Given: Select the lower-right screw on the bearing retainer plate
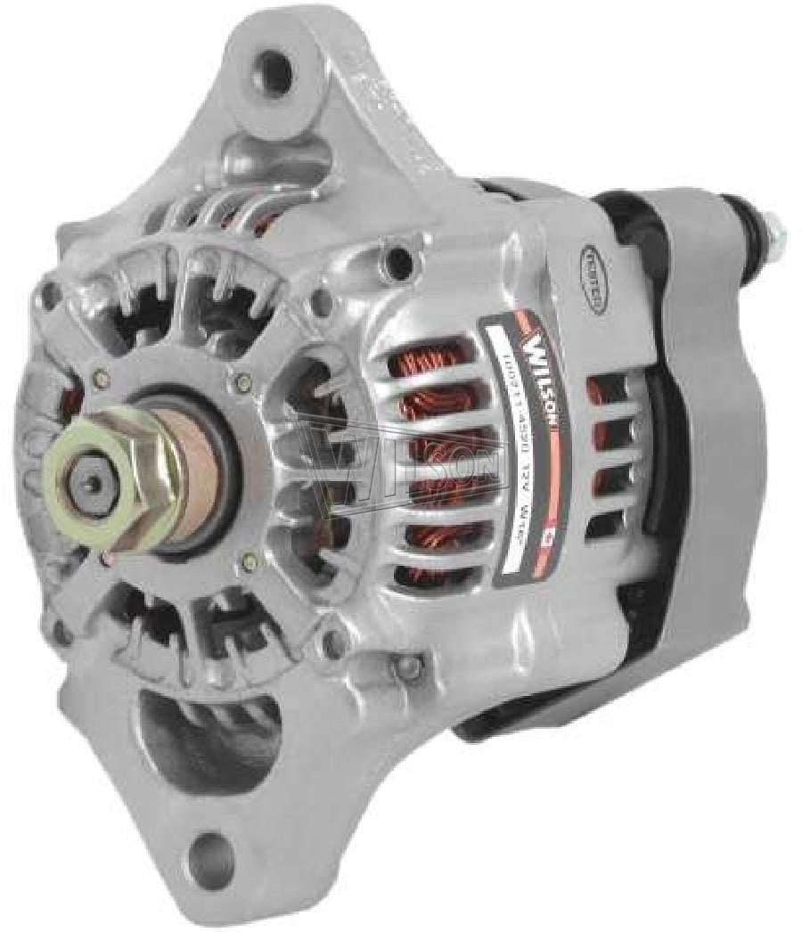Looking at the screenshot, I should coord(253,561).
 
